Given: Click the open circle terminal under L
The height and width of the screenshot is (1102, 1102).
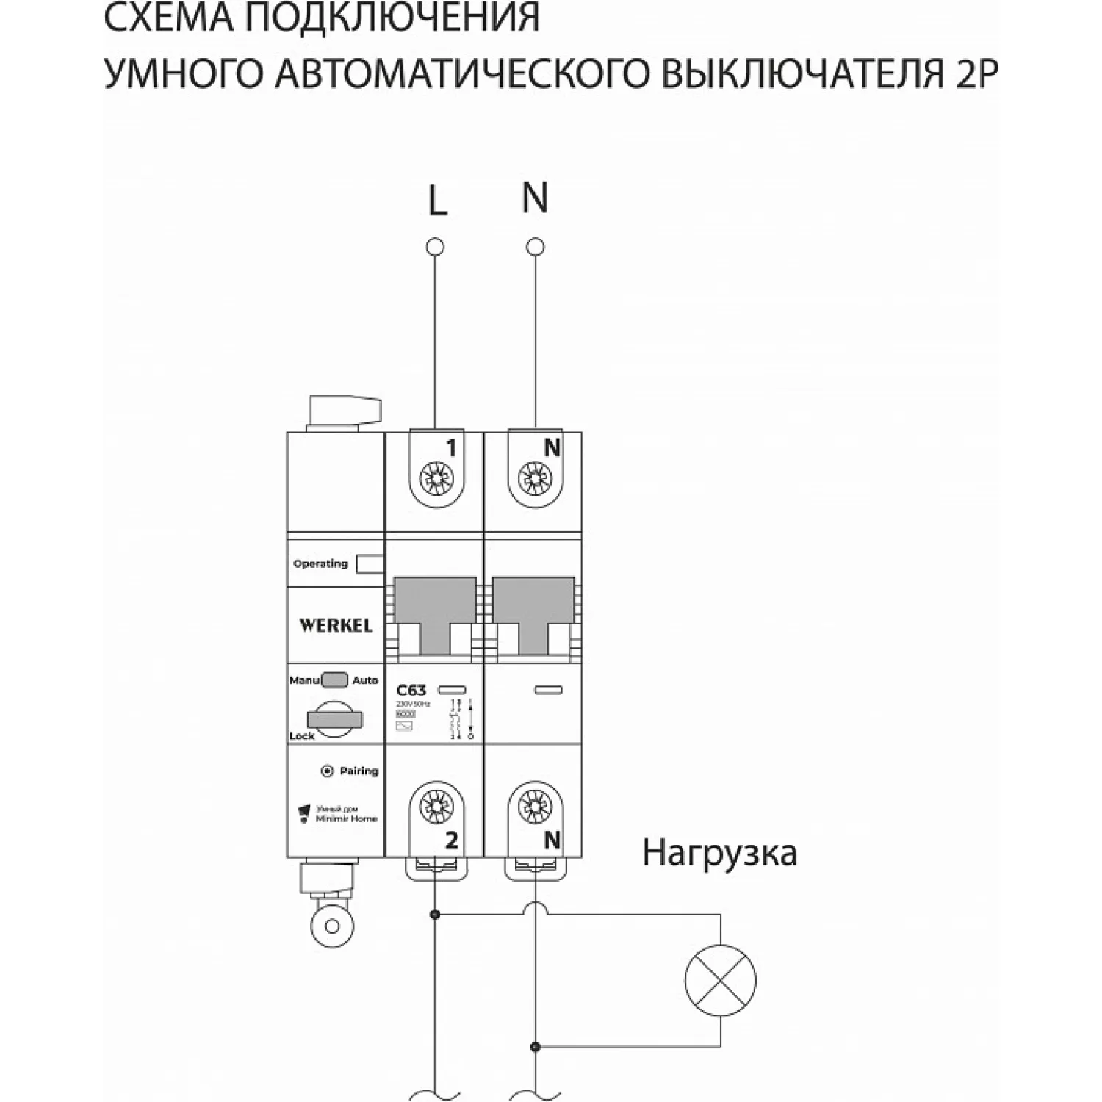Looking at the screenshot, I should pos(435,247).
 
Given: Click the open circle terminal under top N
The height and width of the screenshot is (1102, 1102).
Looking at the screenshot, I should pos(536,247).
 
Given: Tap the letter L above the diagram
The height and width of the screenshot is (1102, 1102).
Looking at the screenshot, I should pos(438,200).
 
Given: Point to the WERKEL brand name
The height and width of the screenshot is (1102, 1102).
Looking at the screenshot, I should pos(336,626).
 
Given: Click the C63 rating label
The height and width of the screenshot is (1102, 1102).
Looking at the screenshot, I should pos(411,691).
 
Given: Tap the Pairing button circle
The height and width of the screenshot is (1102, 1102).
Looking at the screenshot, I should pos(328,771).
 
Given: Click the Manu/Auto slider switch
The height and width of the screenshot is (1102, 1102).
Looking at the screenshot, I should pos(335,680).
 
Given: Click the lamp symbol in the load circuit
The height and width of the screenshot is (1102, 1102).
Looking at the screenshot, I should pos(720,980).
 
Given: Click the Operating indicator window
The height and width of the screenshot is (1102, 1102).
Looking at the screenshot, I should pos(370,564).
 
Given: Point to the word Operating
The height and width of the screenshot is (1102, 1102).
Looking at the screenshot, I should pos(320,564).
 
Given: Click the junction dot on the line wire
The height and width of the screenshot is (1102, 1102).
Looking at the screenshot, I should pos(435,915).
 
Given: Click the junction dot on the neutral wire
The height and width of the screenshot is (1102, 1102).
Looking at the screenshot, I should pos(536,1046).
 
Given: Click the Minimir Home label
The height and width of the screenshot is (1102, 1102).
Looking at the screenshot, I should pos(346,818).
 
